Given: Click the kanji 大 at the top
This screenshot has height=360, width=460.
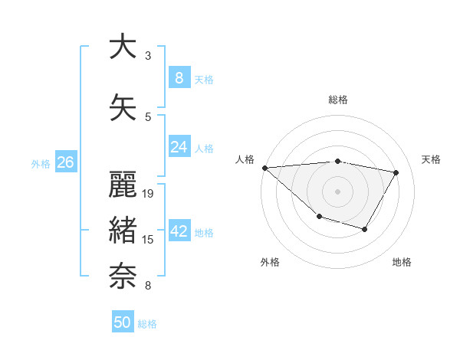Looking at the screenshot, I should (x=123, y=47).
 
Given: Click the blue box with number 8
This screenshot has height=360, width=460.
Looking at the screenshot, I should (x=179, y=78).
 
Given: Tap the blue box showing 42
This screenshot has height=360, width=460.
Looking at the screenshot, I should (x=179, y=232).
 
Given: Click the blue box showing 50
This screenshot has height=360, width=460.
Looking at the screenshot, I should (x=123, y=322).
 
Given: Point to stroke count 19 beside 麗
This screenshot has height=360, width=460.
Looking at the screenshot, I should (x=149, y=194).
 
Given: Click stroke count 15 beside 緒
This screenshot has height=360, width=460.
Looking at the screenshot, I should (x=149, y=240).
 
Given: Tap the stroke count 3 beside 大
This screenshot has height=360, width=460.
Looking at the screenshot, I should (x=148, y=56).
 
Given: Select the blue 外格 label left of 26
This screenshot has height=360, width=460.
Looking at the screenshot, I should (x=41, y=163).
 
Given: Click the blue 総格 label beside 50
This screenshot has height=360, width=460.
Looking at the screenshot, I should (x=147, y=324).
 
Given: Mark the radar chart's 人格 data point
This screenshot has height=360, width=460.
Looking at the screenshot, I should (x=264, y=168).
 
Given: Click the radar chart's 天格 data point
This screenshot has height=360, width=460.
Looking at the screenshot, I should (x=396, y=172).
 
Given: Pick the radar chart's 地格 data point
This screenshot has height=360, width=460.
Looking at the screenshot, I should (x=366, y=229).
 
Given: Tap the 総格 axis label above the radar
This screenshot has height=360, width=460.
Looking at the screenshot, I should (x=337, y=100).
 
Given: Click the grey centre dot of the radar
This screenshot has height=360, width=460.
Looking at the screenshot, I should (x=337, y=191).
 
